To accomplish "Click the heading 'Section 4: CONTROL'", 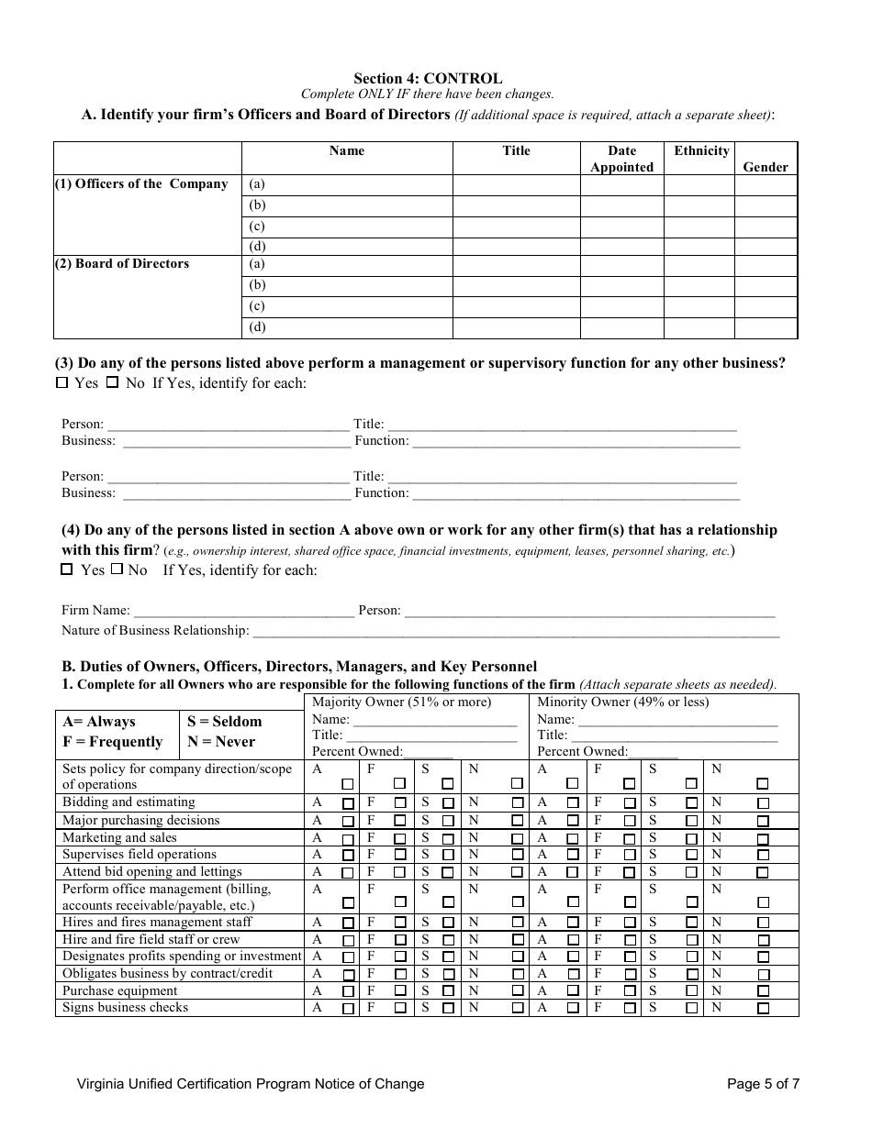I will [x=428, y=79].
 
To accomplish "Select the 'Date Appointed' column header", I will [x=621, y=159].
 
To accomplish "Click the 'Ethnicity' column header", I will [x=701, y=151].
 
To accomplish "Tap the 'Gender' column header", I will [x=766, y=167].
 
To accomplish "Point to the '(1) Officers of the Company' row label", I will [x=141, y=184].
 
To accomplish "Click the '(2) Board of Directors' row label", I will [x=122, y=264].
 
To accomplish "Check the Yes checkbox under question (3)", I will [x=62, y=382].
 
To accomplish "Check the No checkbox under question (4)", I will [x=117, y=569].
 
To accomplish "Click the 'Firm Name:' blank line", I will [x=243, y=611].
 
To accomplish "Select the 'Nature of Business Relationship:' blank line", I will [x=515, y=631].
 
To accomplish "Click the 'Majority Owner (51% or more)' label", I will [x=401, y=702].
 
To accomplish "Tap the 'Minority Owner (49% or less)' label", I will [x=622, y=702].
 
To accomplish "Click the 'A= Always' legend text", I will [x=98, y=722].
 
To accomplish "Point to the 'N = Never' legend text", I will [x=221, y=742].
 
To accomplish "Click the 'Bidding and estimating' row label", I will [x=129, y=802].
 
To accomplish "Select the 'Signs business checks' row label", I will [x=125, y=1008].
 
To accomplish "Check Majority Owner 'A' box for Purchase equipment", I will [x=348, y=991].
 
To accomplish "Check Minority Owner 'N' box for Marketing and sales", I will [x=763, y=838].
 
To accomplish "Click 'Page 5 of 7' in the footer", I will [x=763, y=1084].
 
